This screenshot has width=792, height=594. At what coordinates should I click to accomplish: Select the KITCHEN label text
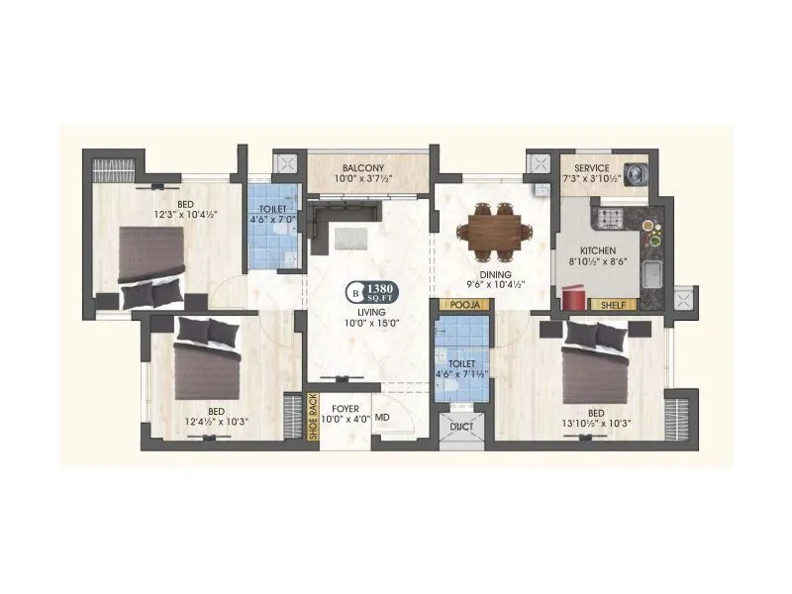coord(599,251)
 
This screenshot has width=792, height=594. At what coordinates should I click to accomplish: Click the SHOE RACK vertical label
coord(313,417)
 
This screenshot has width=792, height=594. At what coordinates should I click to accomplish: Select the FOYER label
coord(345,408)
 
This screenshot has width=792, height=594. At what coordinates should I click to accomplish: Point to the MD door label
coord(382,419)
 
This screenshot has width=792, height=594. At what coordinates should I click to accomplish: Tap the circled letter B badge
coord(353,292)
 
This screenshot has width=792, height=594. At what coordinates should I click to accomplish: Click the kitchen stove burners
coord(608,217)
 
